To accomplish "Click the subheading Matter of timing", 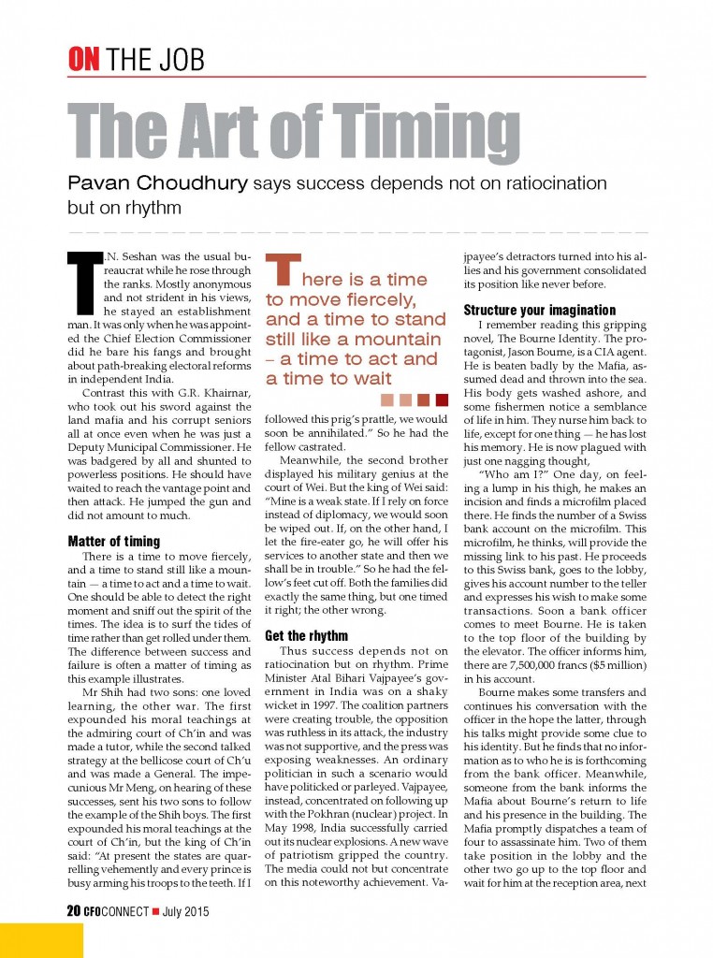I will pos(114,541).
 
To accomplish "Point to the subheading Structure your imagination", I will pos(540,310).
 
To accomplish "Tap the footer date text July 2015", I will pos(184,910).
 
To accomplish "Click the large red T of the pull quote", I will pos(284,271).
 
